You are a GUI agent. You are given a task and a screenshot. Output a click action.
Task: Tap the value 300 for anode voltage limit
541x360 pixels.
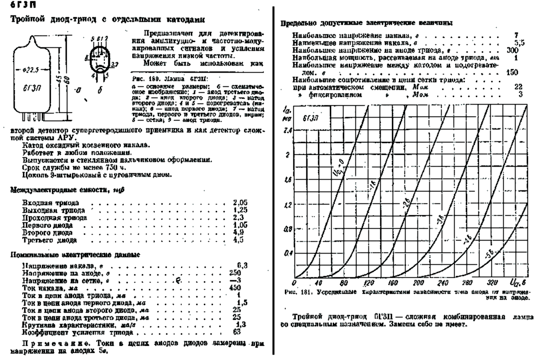(x=511, y=51)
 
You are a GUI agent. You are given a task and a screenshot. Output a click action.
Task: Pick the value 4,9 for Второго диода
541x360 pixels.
(x=238, y=232)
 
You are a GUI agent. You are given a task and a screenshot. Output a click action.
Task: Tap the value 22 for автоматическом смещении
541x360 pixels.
(x=519, y=86)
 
